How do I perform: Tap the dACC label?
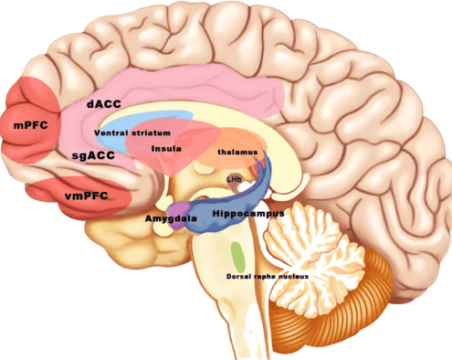[104, 104]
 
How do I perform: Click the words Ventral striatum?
[132, 132]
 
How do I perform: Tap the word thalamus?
[238, 152]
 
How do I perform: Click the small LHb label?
[235, 179]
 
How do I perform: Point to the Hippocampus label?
[248, 213]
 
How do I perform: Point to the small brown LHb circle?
[235, 180]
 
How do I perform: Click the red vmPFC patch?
[55, 194]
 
